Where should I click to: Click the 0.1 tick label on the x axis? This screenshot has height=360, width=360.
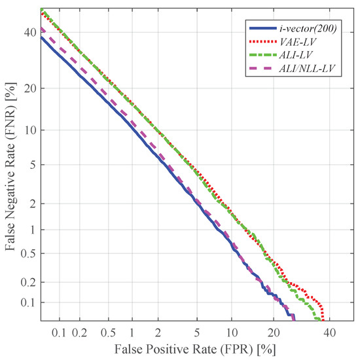pyautogui.click(x=60, y=333)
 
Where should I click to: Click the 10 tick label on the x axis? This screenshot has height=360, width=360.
pyautogui.click(x=232, y=333)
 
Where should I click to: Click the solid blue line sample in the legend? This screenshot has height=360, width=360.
pyautogui.click(x=261, y=28)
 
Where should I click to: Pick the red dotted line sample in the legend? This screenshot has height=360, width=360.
pyautogui.click(x=261, y=42)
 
